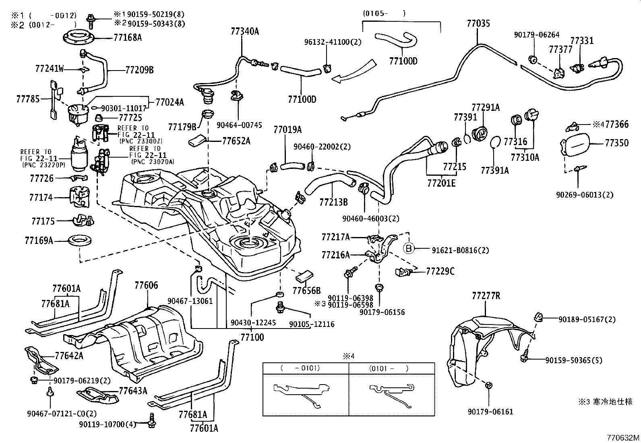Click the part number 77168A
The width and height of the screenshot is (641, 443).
(x=128, y=37)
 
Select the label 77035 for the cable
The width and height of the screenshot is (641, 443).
(x=478, y=23)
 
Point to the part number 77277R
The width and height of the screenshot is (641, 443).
(x=486, y=296)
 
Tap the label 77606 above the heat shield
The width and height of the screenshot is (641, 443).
(x=146, y=286)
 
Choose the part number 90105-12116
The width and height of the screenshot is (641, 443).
(x=312, y=324)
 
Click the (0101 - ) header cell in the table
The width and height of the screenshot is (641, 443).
(x=389, y=368)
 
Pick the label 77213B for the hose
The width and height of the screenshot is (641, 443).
(x=333, y=202)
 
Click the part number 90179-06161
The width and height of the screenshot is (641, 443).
(x=490, y=412)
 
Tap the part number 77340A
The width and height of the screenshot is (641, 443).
(x=245, y=31)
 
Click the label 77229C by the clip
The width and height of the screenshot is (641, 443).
(x=440, y=271)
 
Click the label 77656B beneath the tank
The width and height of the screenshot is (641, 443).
(x=306, y=290)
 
